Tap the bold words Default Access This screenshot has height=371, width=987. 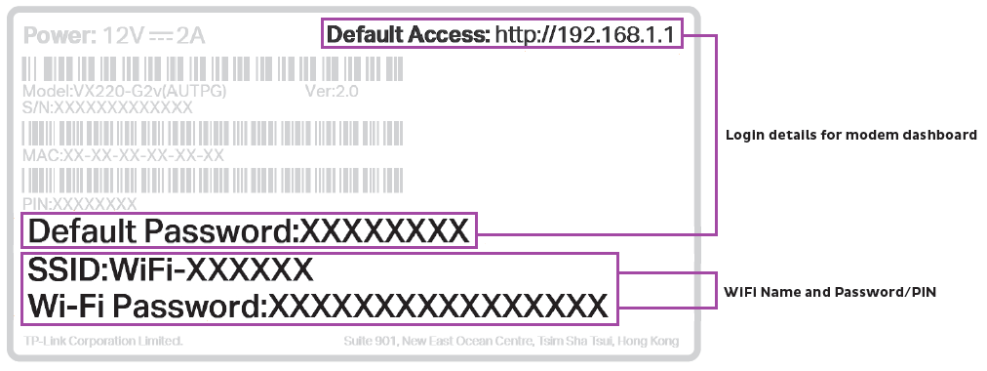[x=408, y=36]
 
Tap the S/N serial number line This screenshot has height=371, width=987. [x=107, y=106]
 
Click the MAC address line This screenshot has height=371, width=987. [x=123, y=155]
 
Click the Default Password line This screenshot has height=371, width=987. [x=249, y=231]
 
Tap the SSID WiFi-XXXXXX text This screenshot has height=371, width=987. [x=171, y=268]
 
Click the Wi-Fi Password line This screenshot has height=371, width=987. [x=317, y=306]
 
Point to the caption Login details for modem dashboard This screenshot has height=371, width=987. [x=850, y=135]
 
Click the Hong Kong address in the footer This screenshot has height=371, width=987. [x=511, y=342]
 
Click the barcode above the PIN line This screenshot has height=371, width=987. [x=210, y=181]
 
